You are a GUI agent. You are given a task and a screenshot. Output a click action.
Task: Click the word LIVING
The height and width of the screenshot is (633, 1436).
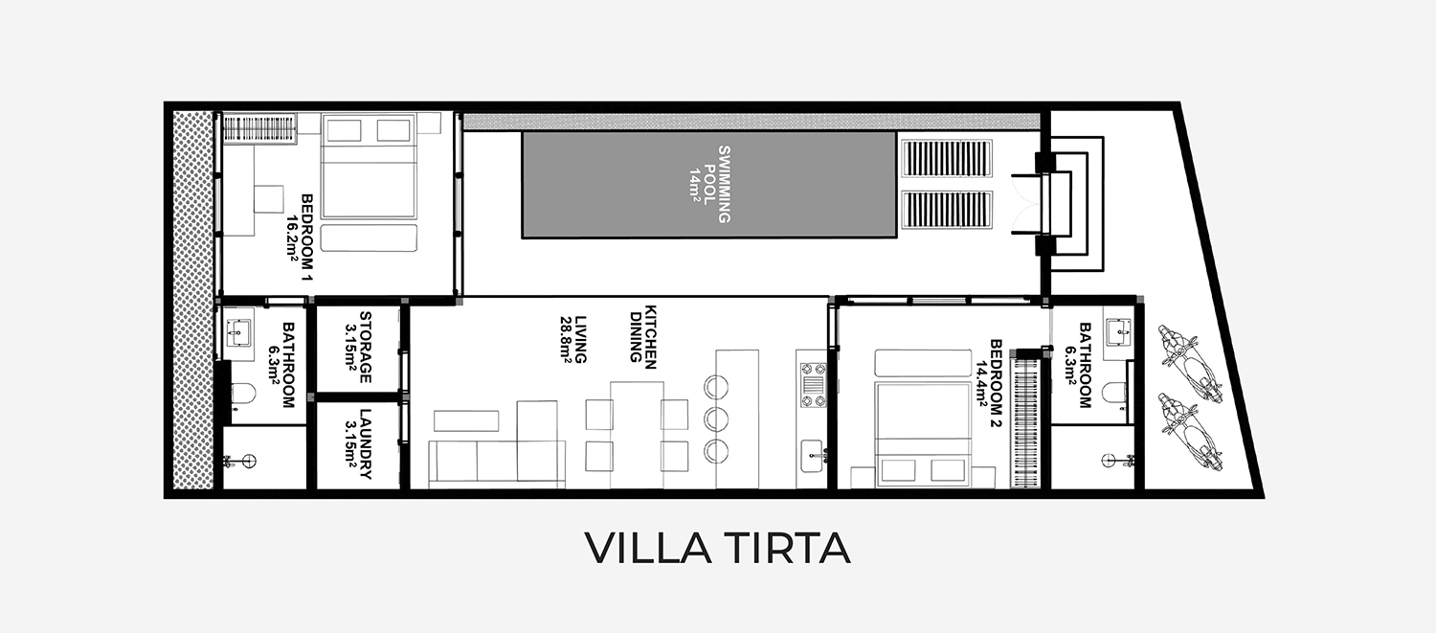point(581,340)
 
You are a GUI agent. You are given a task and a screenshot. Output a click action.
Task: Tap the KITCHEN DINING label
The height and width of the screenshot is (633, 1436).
point(643,337)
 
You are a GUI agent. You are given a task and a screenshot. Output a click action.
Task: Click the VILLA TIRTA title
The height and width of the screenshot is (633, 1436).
point(717,548)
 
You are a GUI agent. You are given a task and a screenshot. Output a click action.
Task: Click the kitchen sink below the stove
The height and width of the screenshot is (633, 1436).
point(812,456)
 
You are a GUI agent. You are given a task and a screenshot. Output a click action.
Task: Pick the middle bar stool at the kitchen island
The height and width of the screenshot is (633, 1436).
point(716,419)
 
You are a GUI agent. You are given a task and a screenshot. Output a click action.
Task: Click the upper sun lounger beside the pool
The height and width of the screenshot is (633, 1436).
point(947,158)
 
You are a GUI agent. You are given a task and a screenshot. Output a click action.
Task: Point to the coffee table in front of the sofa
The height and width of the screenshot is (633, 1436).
point(466,420)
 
